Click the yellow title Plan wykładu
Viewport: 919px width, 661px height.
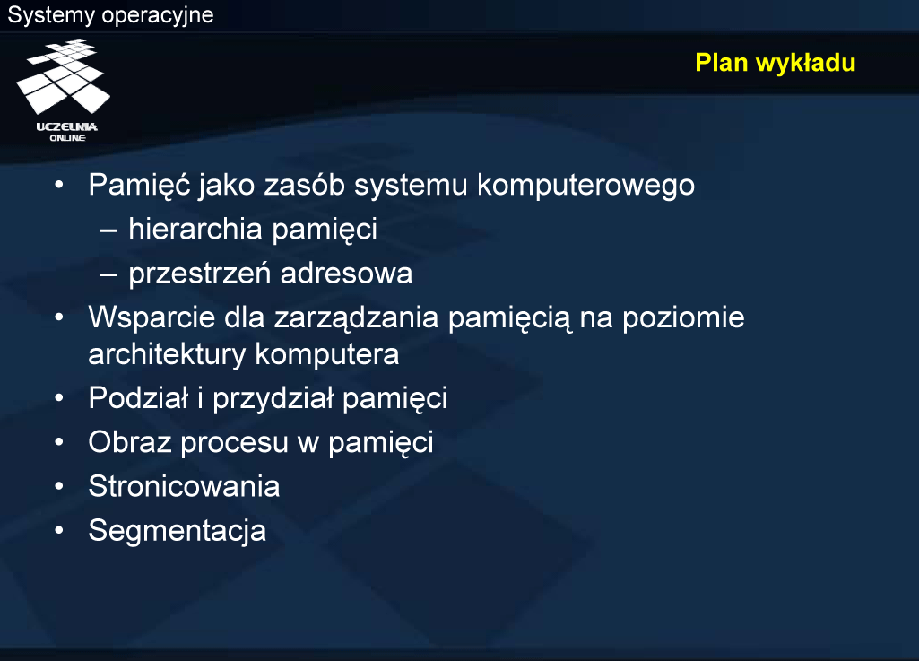775,63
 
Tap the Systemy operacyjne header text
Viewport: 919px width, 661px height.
110,14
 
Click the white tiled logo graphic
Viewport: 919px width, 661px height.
64,77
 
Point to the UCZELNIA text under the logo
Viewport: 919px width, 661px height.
67,126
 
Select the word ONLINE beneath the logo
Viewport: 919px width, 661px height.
67,138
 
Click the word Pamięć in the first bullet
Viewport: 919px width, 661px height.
140,185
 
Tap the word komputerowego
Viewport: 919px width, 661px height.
585,186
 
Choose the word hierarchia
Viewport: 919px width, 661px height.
195,229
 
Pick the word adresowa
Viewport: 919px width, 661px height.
346,274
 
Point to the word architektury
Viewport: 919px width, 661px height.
167,354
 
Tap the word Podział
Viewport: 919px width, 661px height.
138,397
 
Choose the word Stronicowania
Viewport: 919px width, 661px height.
184,486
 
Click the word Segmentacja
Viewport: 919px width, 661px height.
177,531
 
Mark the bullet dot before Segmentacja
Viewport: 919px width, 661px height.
58,530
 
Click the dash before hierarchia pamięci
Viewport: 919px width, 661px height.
108,230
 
